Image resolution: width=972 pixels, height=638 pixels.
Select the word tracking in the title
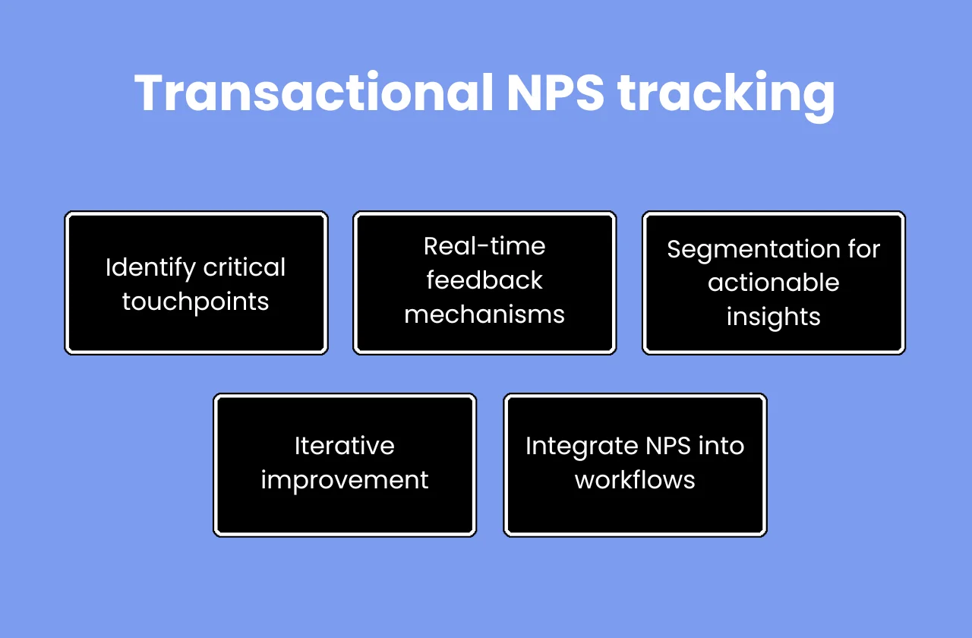point(727,95)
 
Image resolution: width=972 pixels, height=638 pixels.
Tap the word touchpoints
point(196,302)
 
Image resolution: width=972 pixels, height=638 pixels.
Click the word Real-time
point(484,246)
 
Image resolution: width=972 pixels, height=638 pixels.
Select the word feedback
point(484,280)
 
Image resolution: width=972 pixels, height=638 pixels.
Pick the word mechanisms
point(484,314)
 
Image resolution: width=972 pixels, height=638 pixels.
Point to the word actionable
point(773,283)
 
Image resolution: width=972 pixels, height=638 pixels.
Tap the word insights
point(773,316)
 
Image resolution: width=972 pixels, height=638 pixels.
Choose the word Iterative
point(345,446)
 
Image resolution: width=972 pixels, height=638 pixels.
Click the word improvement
point(345,480)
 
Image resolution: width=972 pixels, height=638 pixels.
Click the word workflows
point(635,480)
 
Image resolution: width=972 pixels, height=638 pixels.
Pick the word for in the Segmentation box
point(863,250)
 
